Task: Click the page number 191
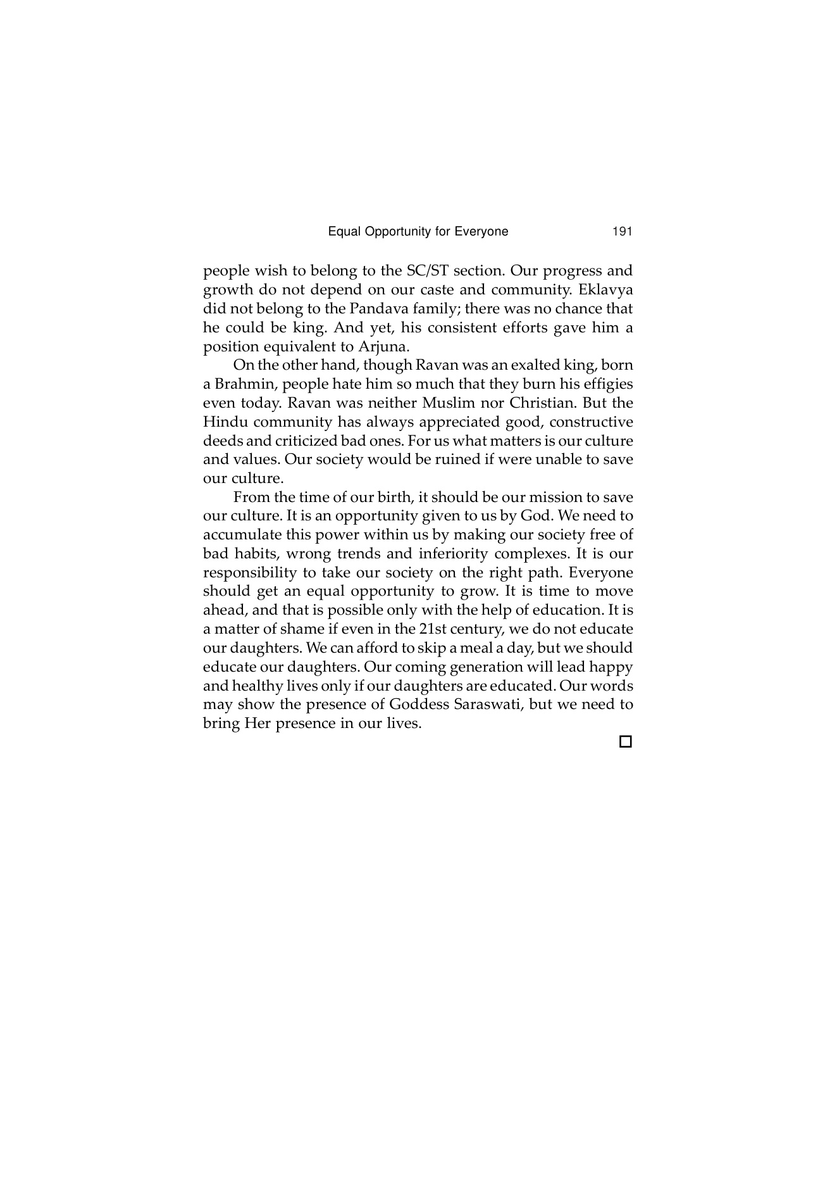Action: click(x=622, y=232)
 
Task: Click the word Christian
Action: click(x=542, y=403)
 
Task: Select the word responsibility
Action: click(x=251, y=573)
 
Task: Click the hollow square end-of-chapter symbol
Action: click(x=625, y=741)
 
